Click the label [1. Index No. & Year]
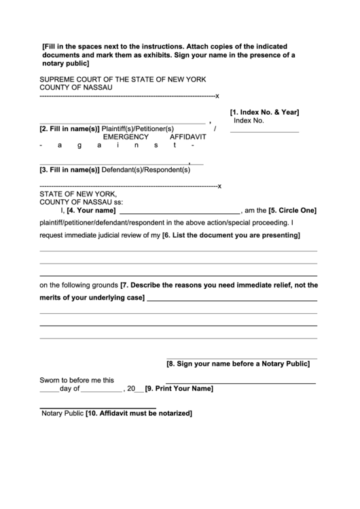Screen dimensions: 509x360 [264, 112]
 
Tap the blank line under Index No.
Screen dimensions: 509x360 [264, 131]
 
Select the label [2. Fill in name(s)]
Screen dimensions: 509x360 [69, 128]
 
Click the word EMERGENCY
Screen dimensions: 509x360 [126, 137]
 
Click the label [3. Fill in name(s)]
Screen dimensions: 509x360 [69, 169]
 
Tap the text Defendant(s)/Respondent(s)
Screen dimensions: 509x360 [145, 169]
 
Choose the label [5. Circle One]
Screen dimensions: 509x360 [292, 211]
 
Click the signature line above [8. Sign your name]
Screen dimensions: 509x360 [241, 357]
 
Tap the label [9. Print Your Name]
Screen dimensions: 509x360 [179, 389]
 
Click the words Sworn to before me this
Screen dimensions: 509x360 [77, 381]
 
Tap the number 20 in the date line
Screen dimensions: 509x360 [131, 389]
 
